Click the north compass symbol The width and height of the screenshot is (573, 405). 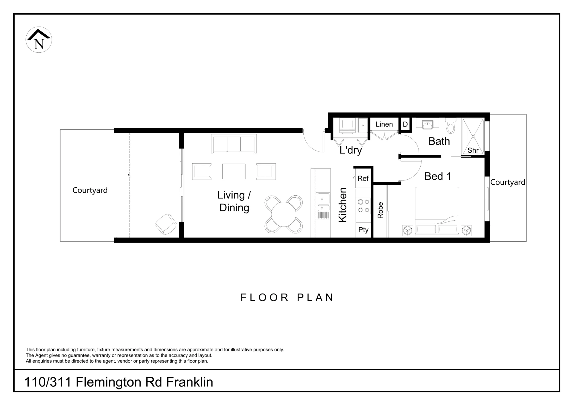(39, 40)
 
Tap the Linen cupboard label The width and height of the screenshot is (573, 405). (384, 124)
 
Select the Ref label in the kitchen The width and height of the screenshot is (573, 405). (363, 178)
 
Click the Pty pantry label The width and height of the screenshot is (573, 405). (363, 230)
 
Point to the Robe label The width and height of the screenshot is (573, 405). (380, 210)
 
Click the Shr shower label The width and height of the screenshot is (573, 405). (473, 150)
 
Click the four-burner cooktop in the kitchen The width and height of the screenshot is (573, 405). (363, 206)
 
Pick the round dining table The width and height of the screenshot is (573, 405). (283, 214)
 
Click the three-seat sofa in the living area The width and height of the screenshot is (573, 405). (234, 144)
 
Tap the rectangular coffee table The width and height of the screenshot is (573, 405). (234, 171)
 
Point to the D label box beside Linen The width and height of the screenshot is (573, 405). (405, 125)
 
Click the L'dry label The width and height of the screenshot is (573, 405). (351, 150)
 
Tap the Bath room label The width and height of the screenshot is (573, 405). (439, 141)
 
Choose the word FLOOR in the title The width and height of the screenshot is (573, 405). (264, 298)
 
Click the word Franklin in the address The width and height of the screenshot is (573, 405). (190, 382)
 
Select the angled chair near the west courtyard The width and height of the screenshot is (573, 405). (166, 224)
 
